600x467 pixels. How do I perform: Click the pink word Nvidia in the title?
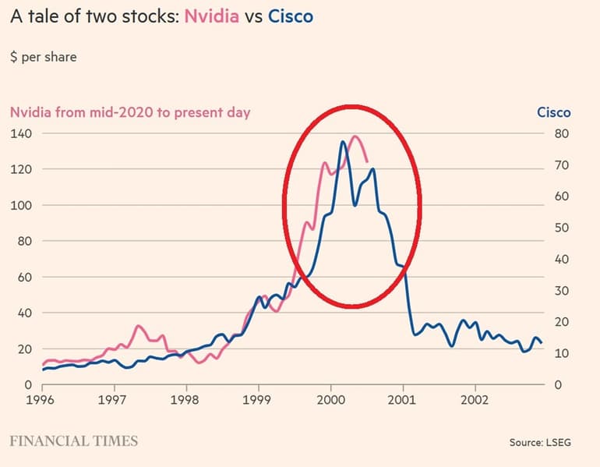tap(213, 16)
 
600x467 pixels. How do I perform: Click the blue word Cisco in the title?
tap(290, 16)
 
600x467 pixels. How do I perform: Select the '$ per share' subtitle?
tap(44, 57)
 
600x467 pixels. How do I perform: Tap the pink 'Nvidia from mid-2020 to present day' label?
tap(130, 112)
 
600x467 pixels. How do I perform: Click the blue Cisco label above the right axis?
tap(553, 112)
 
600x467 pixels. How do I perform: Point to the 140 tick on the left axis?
tap(20, 133)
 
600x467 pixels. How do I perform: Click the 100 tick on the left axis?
tap(20, 205)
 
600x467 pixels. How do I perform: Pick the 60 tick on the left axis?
tap(23, 277)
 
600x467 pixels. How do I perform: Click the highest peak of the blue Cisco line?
tap(343, 141)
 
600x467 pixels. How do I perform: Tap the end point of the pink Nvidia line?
tap(367, 161)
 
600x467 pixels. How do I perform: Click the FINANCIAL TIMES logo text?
tap(74, 441)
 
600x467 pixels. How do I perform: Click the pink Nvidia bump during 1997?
tap(138, 326)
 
